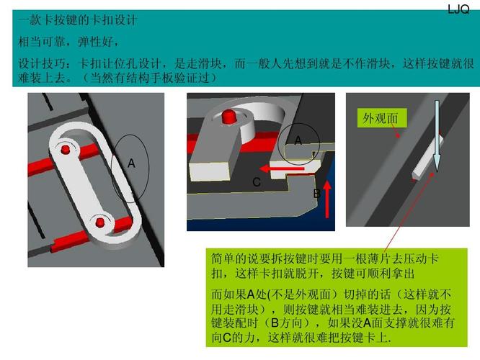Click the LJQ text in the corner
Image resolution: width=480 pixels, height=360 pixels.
pos(458,9)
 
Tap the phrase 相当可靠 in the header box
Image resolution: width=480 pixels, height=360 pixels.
pos(40,42)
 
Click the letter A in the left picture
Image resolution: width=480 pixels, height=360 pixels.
pos(131,164)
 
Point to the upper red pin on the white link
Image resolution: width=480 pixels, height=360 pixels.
pos(66,149)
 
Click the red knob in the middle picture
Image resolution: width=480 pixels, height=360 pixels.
pos(229,116)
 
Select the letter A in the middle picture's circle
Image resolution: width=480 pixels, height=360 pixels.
pos(298,140)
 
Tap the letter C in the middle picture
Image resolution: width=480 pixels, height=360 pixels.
pos(256,183)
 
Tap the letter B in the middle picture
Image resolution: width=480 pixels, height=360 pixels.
pos(316,194)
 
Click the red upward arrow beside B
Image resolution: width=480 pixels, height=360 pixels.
pos(328,198)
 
